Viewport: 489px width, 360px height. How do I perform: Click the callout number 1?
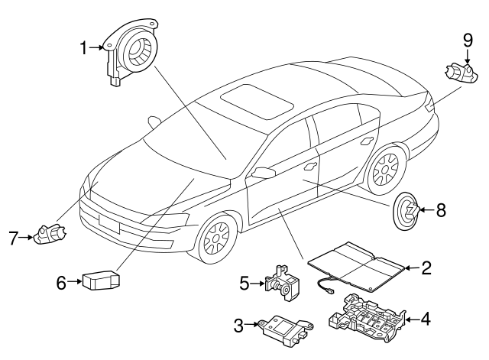(x=84, y=48)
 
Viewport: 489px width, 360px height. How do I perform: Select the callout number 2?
(x=426, y=268)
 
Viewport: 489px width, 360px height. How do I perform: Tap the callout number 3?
(x=238, y=326)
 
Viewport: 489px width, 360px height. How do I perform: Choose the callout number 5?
(x=244, y=283)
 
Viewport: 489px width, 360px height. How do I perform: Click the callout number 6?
(x=62, y=282)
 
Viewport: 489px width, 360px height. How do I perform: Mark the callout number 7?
(x=14, y=238)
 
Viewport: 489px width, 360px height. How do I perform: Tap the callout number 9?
(x=468, y=40)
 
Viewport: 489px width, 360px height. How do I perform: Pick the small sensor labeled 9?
(x=458, y=74)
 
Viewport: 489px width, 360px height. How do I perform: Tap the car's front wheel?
(x=216, y=238)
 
